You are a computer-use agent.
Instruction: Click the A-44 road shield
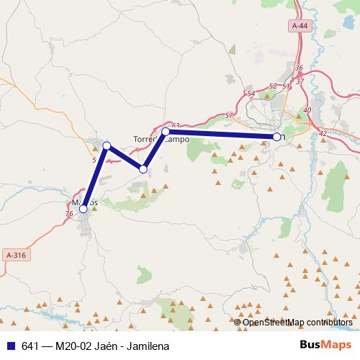click(x=300, y=25)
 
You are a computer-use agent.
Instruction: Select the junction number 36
click(x=299, y=68)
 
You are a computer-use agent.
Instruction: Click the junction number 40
click(x=307, y=109)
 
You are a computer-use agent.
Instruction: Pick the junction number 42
click(x=323, y=133)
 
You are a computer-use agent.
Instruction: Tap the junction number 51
click(x=286, y=86)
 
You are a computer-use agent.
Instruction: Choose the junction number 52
click(x=272, y=86)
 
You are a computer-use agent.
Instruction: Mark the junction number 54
click(x=251, y=94)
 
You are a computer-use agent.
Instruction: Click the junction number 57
click(x=228, y=115)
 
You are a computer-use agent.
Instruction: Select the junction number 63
click(x=176, y=125)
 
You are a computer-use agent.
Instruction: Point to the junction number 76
click(x=69, y=214)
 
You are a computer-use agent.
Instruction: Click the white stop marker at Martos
click(x=84, y=209)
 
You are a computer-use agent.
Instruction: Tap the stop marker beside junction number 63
click(x=166, y=132)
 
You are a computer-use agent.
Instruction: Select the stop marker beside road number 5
click(x=107, y=146)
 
